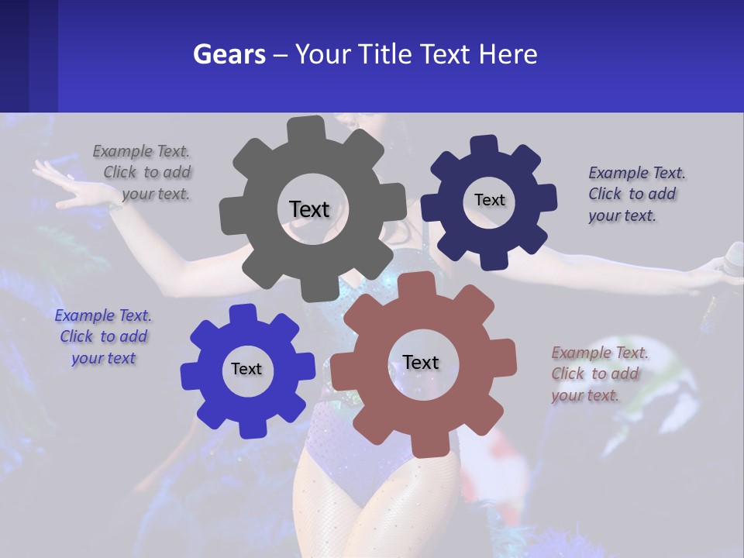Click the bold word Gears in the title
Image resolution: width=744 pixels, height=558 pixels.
pyautogui.click(x=229, y=54)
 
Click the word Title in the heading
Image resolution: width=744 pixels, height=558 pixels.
pyautogui.click(x=387, y=54)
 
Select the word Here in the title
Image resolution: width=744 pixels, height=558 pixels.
pyautogui.click(x=508, y=54)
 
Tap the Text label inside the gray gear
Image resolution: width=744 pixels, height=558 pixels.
pyautogui.click(x=309, y=209)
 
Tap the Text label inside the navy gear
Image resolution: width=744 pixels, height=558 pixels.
pyautogui.click(x=489, y=200)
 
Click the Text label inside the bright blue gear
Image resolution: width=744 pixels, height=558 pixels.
pyautogui.click(x=246, y=369)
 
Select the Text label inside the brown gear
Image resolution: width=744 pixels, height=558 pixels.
pyautogui.click(x=420, y=362)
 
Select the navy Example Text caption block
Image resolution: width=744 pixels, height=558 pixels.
pyautogui.click(x=632, y=194)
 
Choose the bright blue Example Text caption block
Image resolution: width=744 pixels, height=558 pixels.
pyautogui.click(x=103, y=337)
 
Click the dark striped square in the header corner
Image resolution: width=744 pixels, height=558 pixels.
pyautogui.click(x=28, y=56)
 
